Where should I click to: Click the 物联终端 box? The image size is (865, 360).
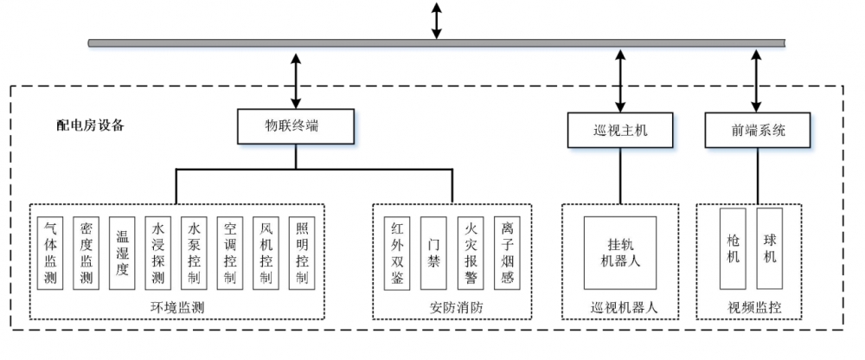pos(296,126)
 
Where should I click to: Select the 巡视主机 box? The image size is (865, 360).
pos(620,131)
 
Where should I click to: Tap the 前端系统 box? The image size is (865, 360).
pos(758,131)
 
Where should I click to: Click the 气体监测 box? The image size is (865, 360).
pos(51,253)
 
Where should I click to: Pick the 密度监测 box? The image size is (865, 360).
pos(86,253)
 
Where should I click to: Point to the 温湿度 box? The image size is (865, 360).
pos(123,253)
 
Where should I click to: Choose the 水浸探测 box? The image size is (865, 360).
pos(158,253)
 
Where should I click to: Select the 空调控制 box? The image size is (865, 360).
pos(230,253)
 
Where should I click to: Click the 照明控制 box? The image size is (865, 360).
pos(301,253)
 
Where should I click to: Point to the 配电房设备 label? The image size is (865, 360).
pos(91,125)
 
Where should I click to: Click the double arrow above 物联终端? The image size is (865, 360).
pos(296,80)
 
